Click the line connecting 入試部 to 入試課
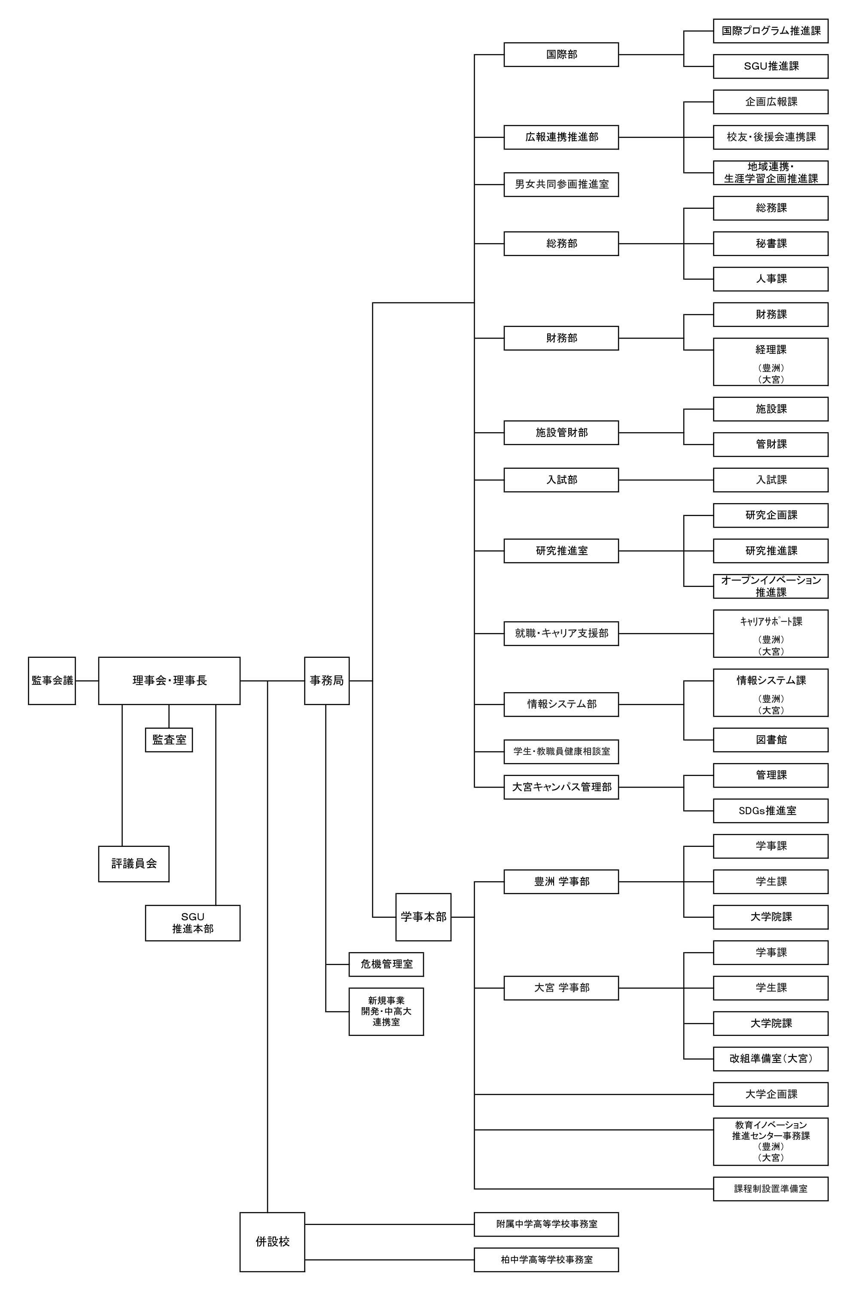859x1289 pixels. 666,480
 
